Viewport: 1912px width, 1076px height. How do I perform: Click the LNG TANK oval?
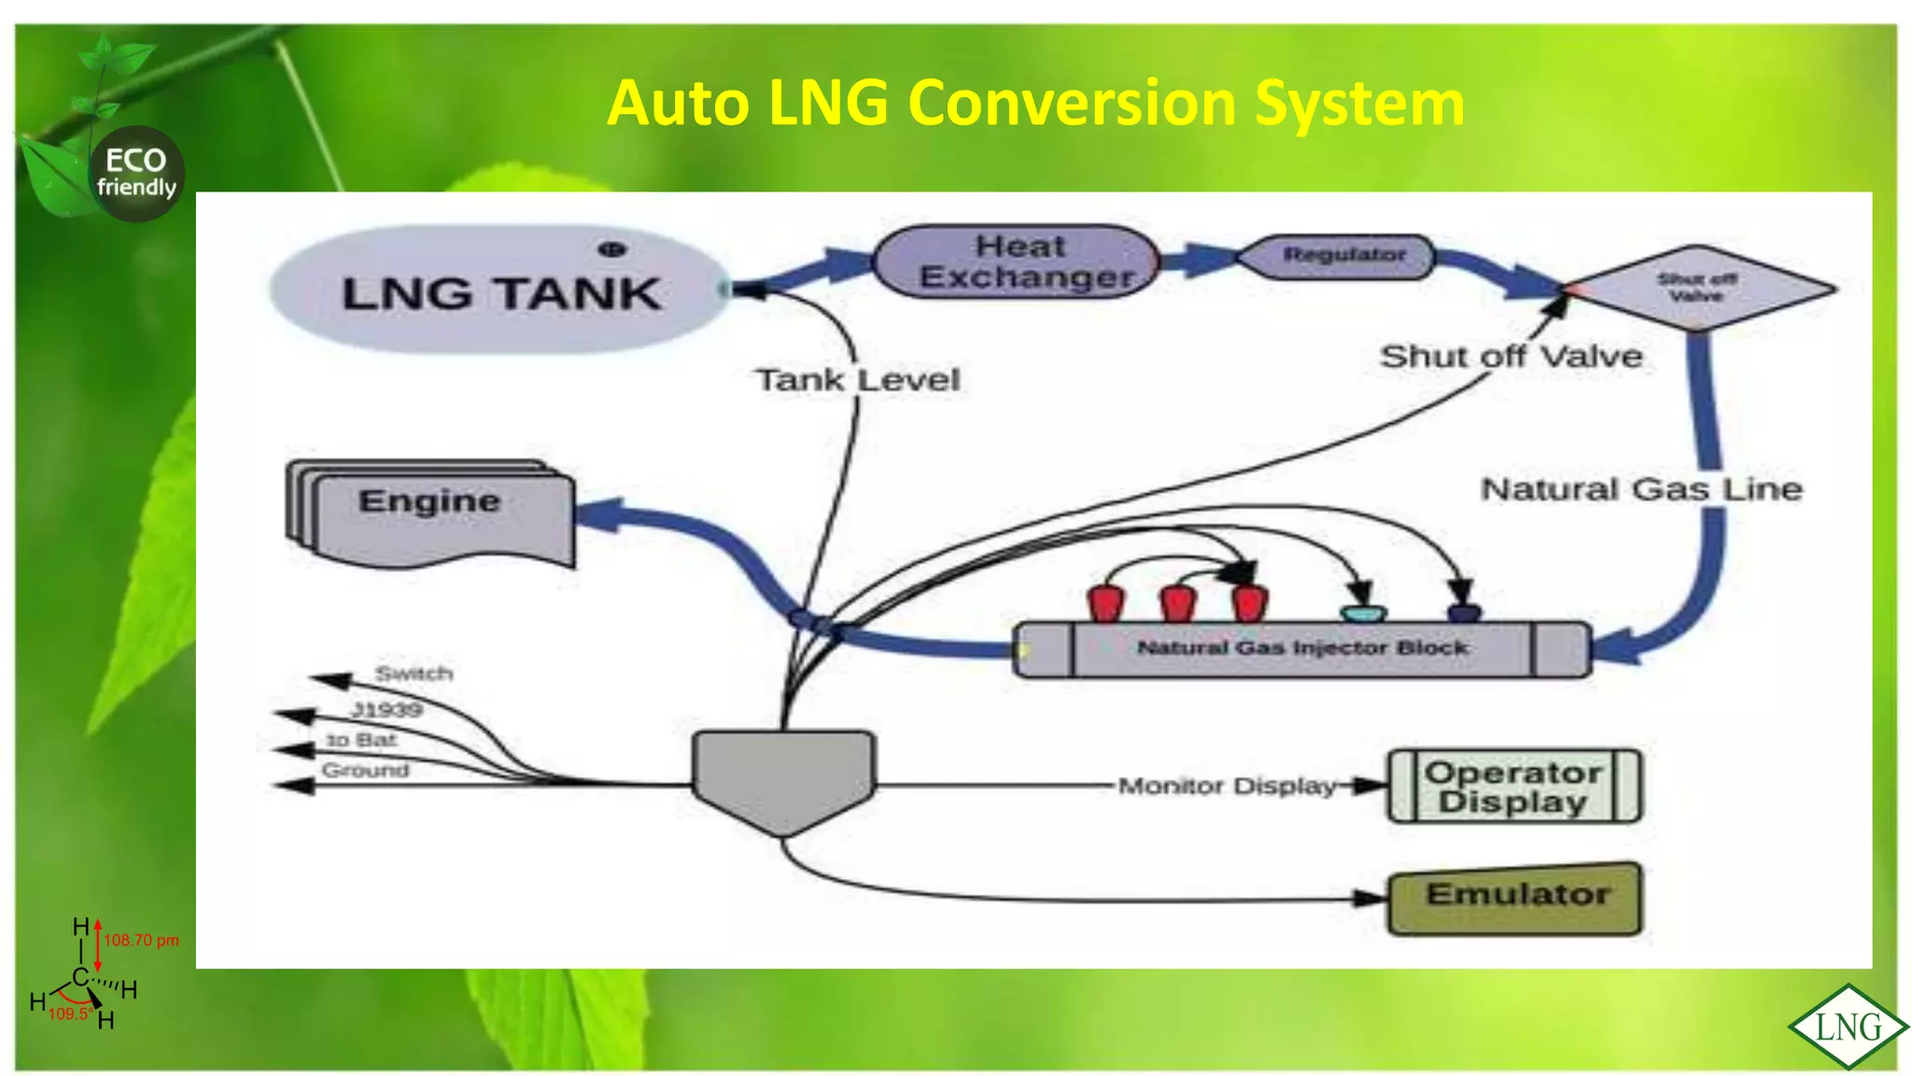tap(499, 290)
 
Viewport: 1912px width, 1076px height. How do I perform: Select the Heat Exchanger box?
tap(1018, 262)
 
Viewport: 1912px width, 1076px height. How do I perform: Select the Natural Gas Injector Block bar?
tap(1301, 648)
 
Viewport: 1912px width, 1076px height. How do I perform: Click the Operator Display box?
tap(1513, 786)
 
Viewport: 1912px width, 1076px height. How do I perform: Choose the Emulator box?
tap(1514, 898)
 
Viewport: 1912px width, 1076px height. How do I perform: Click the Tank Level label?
tap(857, 380)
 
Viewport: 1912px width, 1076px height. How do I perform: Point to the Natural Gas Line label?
tap(1641, 488)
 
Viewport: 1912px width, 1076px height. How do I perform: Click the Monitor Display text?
tap(1226, 786)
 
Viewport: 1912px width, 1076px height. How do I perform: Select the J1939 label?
tap(387, 710)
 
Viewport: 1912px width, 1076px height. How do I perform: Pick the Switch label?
tap(414, 672)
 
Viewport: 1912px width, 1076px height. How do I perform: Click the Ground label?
tap(365, 771)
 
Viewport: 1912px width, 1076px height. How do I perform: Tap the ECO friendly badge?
tap(136, 174)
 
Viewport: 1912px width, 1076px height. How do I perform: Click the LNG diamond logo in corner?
tap(1848, 1026)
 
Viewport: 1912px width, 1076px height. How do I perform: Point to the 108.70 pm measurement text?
tap(141, 940)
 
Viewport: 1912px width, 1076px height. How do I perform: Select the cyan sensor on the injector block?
tap(1362, 613)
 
